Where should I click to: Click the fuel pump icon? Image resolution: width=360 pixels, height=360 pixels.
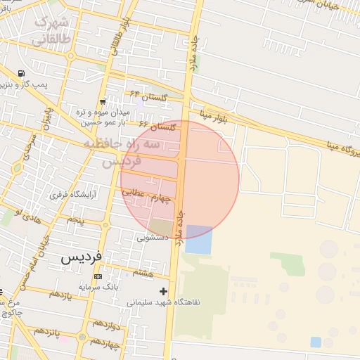click(x=22, y=74)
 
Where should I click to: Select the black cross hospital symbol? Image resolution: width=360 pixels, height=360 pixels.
click(x=164, y=291)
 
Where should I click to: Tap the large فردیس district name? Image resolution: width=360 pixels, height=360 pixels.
click(x=82, y=257)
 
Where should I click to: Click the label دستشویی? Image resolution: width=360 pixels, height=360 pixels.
click(x=153, y=238)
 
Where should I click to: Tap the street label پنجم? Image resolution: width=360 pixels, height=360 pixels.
click(x=75, y=220)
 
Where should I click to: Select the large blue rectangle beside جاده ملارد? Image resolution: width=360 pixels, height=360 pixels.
click(x=198, y=240)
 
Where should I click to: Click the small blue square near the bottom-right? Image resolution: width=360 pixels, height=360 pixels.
click(x=316, y=342)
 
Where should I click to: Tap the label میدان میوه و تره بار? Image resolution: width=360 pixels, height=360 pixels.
click(x=103, y=117)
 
